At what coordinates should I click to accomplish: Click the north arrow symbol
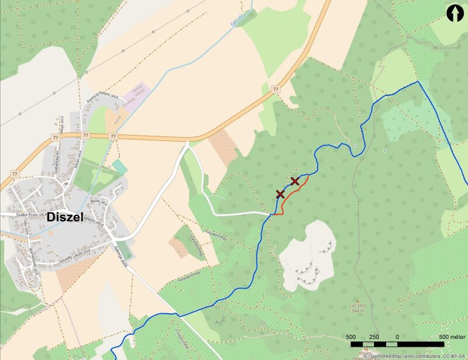(x=455, y=12)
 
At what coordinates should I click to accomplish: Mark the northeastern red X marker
(x=295, y=181)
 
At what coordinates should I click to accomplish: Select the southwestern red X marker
(x=280, y=194)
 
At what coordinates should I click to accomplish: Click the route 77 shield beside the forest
(x=276, y=89)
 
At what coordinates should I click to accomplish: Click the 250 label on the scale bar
(x=374, y=337)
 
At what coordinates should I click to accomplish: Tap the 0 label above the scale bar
(x=397, y=337)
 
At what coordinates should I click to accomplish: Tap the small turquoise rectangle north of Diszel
(x=120, y=167)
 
